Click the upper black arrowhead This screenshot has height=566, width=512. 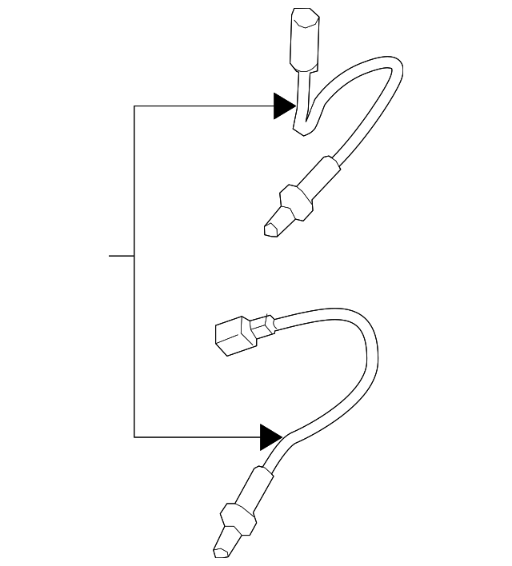284,106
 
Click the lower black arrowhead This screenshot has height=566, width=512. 271,436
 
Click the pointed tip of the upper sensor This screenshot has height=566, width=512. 270,229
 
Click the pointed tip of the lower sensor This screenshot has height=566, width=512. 221,552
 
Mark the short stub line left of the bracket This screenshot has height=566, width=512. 121,256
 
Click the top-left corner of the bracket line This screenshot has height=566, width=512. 134,106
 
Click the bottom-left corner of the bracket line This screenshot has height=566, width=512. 134,436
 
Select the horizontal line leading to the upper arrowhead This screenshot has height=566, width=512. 204,106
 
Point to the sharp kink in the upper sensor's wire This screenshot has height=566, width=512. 304,131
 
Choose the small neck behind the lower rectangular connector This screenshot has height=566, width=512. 265,325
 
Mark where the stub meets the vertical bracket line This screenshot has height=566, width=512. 134,256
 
